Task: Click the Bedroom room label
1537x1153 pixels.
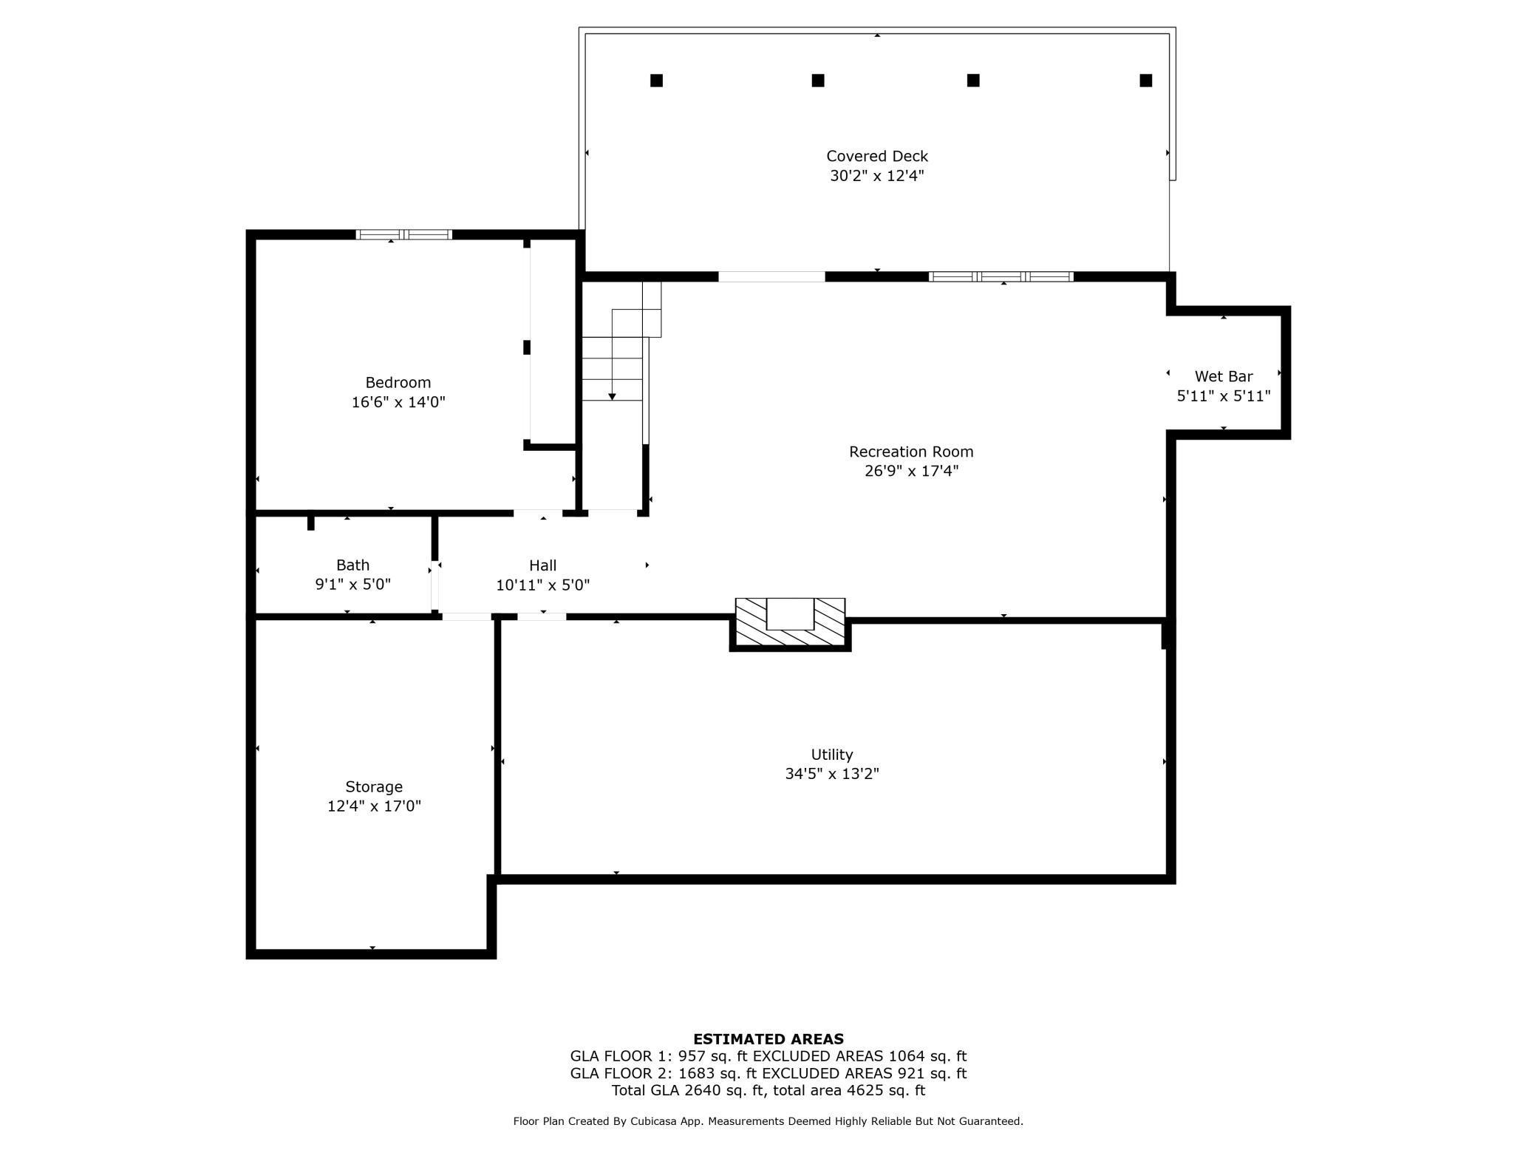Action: tap(398, 382)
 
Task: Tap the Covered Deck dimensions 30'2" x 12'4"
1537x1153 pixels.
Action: tap(876, 176)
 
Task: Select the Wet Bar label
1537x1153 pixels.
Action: tap(1223, 376)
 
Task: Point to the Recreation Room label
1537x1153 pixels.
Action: tap(910, 452)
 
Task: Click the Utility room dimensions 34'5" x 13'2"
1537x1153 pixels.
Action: tap(831, 774)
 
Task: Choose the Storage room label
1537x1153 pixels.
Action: tap(373, 786)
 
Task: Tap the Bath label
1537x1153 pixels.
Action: tap(352, 565)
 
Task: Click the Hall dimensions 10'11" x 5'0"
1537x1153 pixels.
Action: tap(542, 585)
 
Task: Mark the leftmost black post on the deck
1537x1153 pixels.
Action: tap(656, 81)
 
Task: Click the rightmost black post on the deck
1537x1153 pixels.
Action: tap(1145, 81)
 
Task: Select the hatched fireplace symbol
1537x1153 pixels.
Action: tap(790, 622)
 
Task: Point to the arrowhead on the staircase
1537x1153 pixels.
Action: tap(612, 397)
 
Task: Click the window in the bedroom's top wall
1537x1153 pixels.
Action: tap(403, 235)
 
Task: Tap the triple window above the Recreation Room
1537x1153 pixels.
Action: tap(1001, 276)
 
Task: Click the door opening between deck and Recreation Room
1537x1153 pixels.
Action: tap(771, 276)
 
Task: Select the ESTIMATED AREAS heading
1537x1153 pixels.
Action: tap(768, 1038)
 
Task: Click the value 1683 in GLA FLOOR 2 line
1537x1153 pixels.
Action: tap(696, 1073)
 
